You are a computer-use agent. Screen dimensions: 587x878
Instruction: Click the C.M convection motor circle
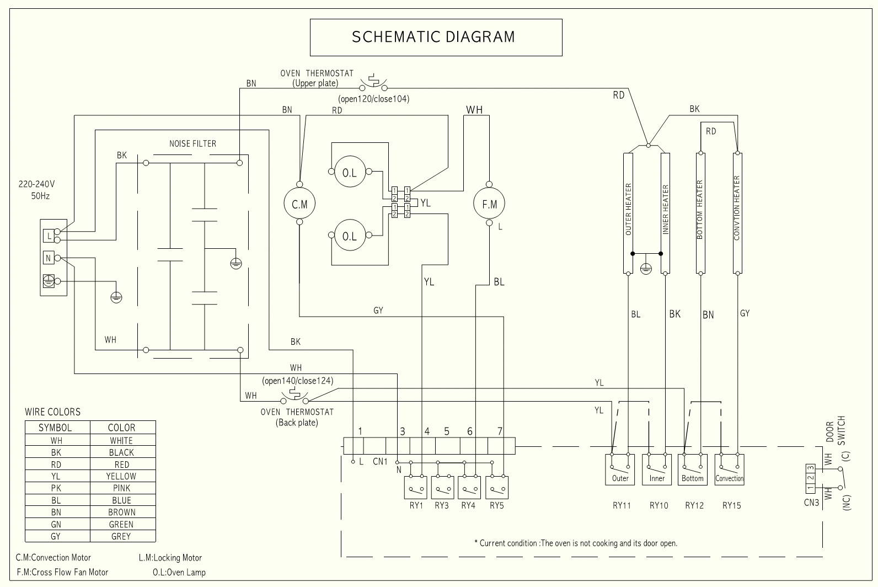pyautogui.click(x=299, y=204)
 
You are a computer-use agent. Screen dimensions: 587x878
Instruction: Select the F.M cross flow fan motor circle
pyautogui.click(x=489, y=204)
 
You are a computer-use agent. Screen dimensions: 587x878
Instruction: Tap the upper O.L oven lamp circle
pyautogui.click(x=350, y=173)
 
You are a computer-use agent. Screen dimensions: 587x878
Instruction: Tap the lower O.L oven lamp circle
pyautogui.click(x=350, y=236)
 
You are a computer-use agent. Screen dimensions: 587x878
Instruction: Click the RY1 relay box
pyautogui.click(x=416, y=488)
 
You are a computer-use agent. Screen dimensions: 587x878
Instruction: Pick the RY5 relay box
pyautogui.click(x=497, y=488)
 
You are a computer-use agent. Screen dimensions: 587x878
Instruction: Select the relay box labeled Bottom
pyautogui.click(x=692, y=469)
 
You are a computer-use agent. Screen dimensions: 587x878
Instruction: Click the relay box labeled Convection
pyautogui.click(x=729, y=469)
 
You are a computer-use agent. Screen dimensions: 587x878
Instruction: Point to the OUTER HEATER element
pyautogui.click(x=628, y=213)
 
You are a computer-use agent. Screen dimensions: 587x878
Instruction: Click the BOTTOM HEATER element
pyautogui.click(x=700, y=213)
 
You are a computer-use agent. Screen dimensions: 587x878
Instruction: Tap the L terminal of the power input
pyautogui.click(x=49, y=236)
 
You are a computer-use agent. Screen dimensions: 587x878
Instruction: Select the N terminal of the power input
pyautogui.click(x=49, y=258)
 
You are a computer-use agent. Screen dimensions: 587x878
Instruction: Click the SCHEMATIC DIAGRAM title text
pyautogui.click(x=433, y=37)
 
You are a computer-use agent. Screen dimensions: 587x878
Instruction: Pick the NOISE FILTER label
pyautogui.click(x=192, y=143)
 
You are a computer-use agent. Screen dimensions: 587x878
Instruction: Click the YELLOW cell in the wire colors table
pyautogui.click(x=121, y=476)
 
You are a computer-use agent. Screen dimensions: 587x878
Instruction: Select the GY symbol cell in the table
pyautogui.click(x=56, y=536)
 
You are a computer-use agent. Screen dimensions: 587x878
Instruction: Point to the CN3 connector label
pyautogui.click(x=811, y=503)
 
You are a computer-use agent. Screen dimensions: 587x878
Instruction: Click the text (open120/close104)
pyautogui.click(x=374, y=99)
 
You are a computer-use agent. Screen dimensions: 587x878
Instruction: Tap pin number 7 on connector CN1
pyautogui.click(x=500, y=431)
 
